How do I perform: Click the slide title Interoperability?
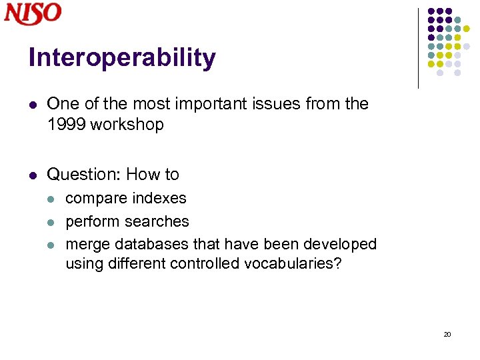[122, 58]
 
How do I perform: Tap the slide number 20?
[447, 334]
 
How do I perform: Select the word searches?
[157, 221]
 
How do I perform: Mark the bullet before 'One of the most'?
[33, 105]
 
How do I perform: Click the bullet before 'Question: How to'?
[33, 175]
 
